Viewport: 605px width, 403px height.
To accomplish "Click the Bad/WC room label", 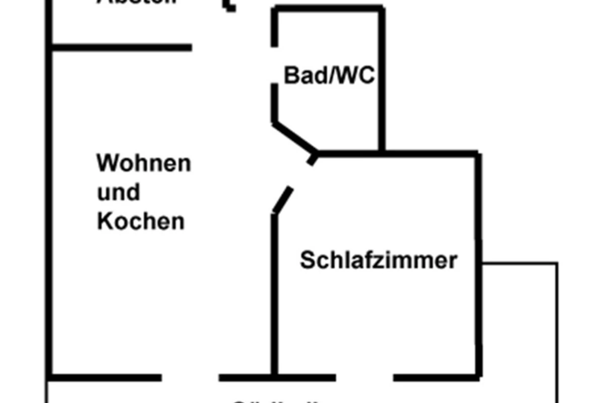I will pyautogui.click(x=329, y=76).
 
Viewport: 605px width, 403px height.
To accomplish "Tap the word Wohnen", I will pyautogui.click(x=144, y=164).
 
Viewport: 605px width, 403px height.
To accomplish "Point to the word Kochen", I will pyautogui.click(x=141, y=222).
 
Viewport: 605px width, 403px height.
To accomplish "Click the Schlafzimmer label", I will pyautogui.click(x=379, y=261).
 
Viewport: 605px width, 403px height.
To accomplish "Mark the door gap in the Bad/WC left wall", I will pyautogui.click(x=275, y=65).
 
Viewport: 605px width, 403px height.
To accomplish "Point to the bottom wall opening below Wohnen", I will pyautogui.click(x=190, y=377).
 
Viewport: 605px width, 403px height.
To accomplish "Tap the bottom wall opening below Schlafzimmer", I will pyautogui.click(x=365, y=377).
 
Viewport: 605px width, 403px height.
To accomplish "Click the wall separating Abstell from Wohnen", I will pyautogui.click(x=121, y=48).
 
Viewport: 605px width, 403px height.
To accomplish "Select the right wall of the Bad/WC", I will pyautogui.click(x=382, y=81).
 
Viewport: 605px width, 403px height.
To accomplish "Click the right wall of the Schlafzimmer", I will pyautogui.click(x=478, y=262).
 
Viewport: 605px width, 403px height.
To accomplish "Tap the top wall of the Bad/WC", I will pyautogui.click(x=328, y=9).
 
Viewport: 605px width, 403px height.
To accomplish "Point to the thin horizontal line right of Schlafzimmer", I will pyautogui.click(x=519, y=263).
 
